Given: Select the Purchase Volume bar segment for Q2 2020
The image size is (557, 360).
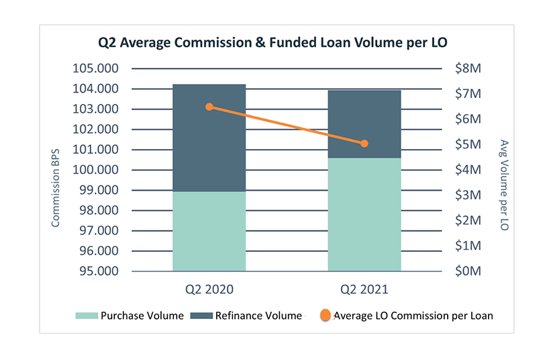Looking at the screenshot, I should tap(209, 231).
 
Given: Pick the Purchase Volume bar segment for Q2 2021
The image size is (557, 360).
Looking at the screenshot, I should tap(364, 214).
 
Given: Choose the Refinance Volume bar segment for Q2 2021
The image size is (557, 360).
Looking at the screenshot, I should tap(364, 124).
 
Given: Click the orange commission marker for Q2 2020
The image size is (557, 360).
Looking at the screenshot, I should tap(209, 107).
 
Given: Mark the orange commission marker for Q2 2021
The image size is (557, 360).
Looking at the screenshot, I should tap(364, 143).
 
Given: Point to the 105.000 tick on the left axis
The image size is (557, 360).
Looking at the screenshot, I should tap(95, 69).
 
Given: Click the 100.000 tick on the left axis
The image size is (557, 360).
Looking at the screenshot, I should tap(95, 170).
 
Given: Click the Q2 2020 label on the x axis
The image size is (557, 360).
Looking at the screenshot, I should tap(209, 290).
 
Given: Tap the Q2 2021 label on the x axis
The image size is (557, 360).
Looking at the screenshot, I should tap(364, 290).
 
